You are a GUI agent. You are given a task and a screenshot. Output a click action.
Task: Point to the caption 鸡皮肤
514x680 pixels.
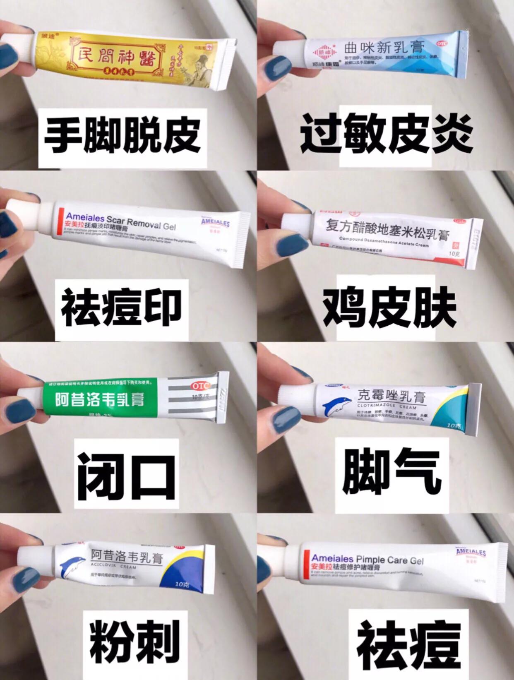389,308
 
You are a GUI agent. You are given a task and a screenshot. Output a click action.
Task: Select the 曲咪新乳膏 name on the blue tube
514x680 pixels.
384,48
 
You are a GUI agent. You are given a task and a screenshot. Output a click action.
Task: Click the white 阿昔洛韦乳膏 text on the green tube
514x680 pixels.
100,400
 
